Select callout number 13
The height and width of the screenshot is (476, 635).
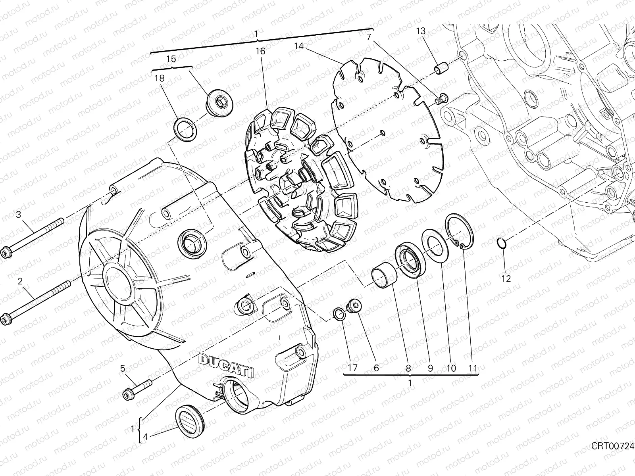point(421,31)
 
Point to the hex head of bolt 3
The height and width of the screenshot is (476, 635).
point(6,253)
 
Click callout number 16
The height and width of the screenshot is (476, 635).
point(260,51)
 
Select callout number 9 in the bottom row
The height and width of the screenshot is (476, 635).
point(430,368)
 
